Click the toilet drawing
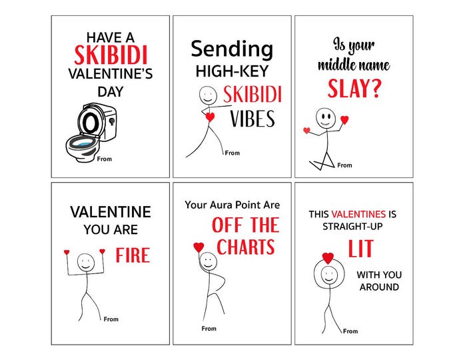91,132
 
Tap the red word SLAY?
354,88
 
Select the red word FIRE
133,255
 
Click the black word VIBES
252,119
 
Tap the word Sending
231,49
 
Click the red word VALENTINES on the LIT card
358,214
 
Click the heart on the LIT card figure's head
328,257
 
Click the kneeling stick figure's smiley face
324,118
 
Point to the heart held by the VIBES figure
211,117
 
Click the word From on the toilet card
104,159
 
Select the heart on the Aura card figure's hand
199,247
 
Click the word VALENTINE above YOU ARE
111,212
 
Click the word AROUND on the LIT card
379,287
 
